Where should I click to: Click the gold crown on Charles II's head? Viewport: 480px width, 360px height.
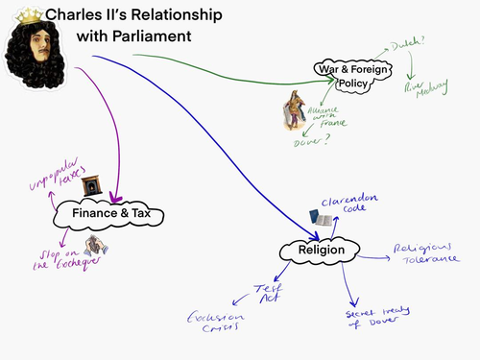click(32, 13)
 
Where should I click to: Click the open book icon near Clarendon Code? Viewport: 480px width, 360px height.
click(324, 221)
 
